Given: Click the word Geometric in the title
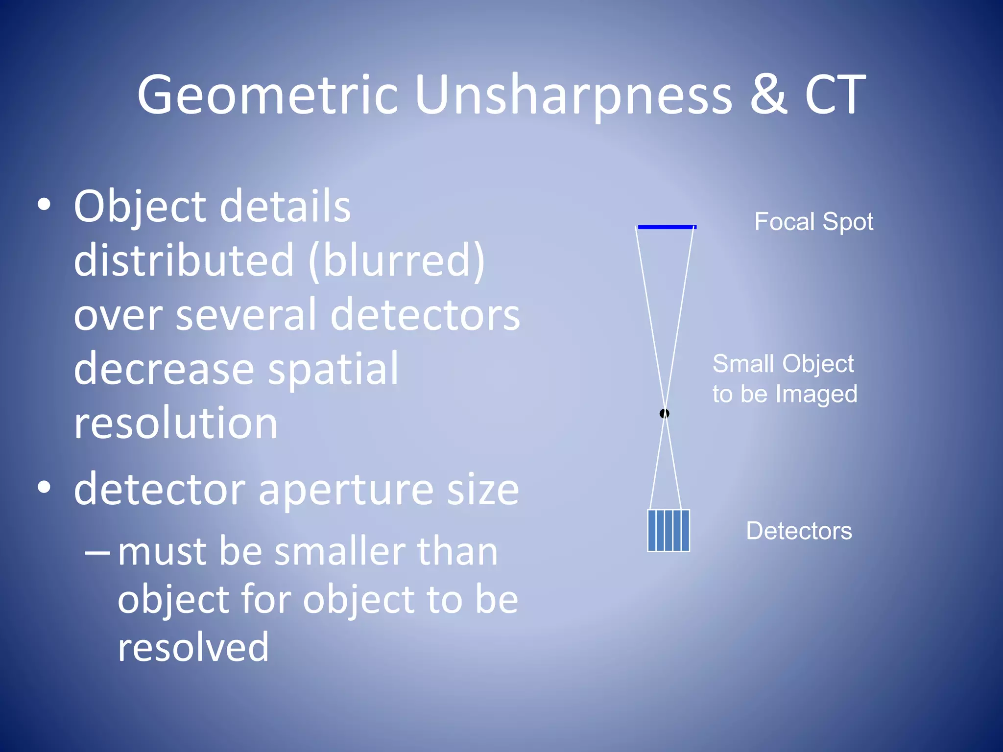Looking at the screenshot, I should [267, 95].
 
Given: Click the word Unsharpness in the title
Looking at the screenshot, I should [573, 95].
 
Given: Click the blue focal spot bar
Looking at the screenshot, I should [667, 227].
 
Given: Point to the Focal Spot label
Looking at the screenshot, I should [813, 222].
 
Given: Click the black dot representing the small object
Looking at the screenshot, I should [664, 414].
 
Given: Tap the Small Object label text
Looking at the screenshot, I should [783, 364].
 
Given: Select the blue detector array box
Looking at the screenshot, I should [669, 531].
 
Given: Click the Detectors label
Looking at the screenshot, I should [799, 531].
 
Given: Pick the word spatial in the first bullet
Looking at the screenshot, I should [333, 369].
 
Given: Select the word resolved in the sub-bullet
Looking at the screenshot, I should [193, 647].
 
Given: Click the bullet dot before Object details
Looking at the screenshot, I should [44, 205].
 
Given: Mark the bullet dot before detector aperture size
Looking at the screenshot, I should [44, 487].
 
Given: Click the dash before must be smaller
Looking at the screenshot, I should [97, 552].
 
